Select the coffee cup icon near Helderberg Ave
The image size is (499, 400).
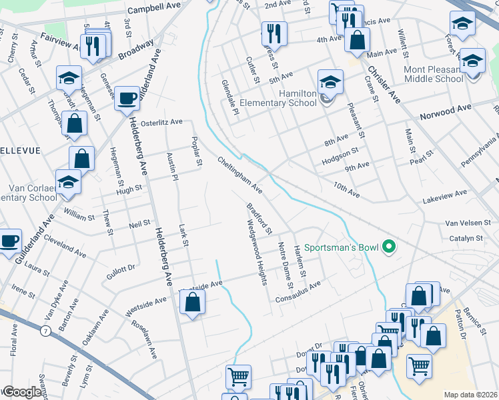127,99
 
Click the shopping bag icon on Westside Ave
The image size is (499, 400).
192,303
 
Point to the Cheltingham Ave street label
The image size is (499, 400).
240,175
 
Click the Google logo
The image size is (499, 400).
21,392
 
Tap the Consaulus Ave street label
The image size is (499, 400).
298,292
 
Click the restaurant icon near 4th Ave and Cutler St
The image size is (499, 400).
274,33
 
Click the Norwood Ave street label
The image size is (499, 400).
445,111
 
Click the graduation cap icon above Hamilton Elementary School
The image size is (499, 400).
330,82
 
